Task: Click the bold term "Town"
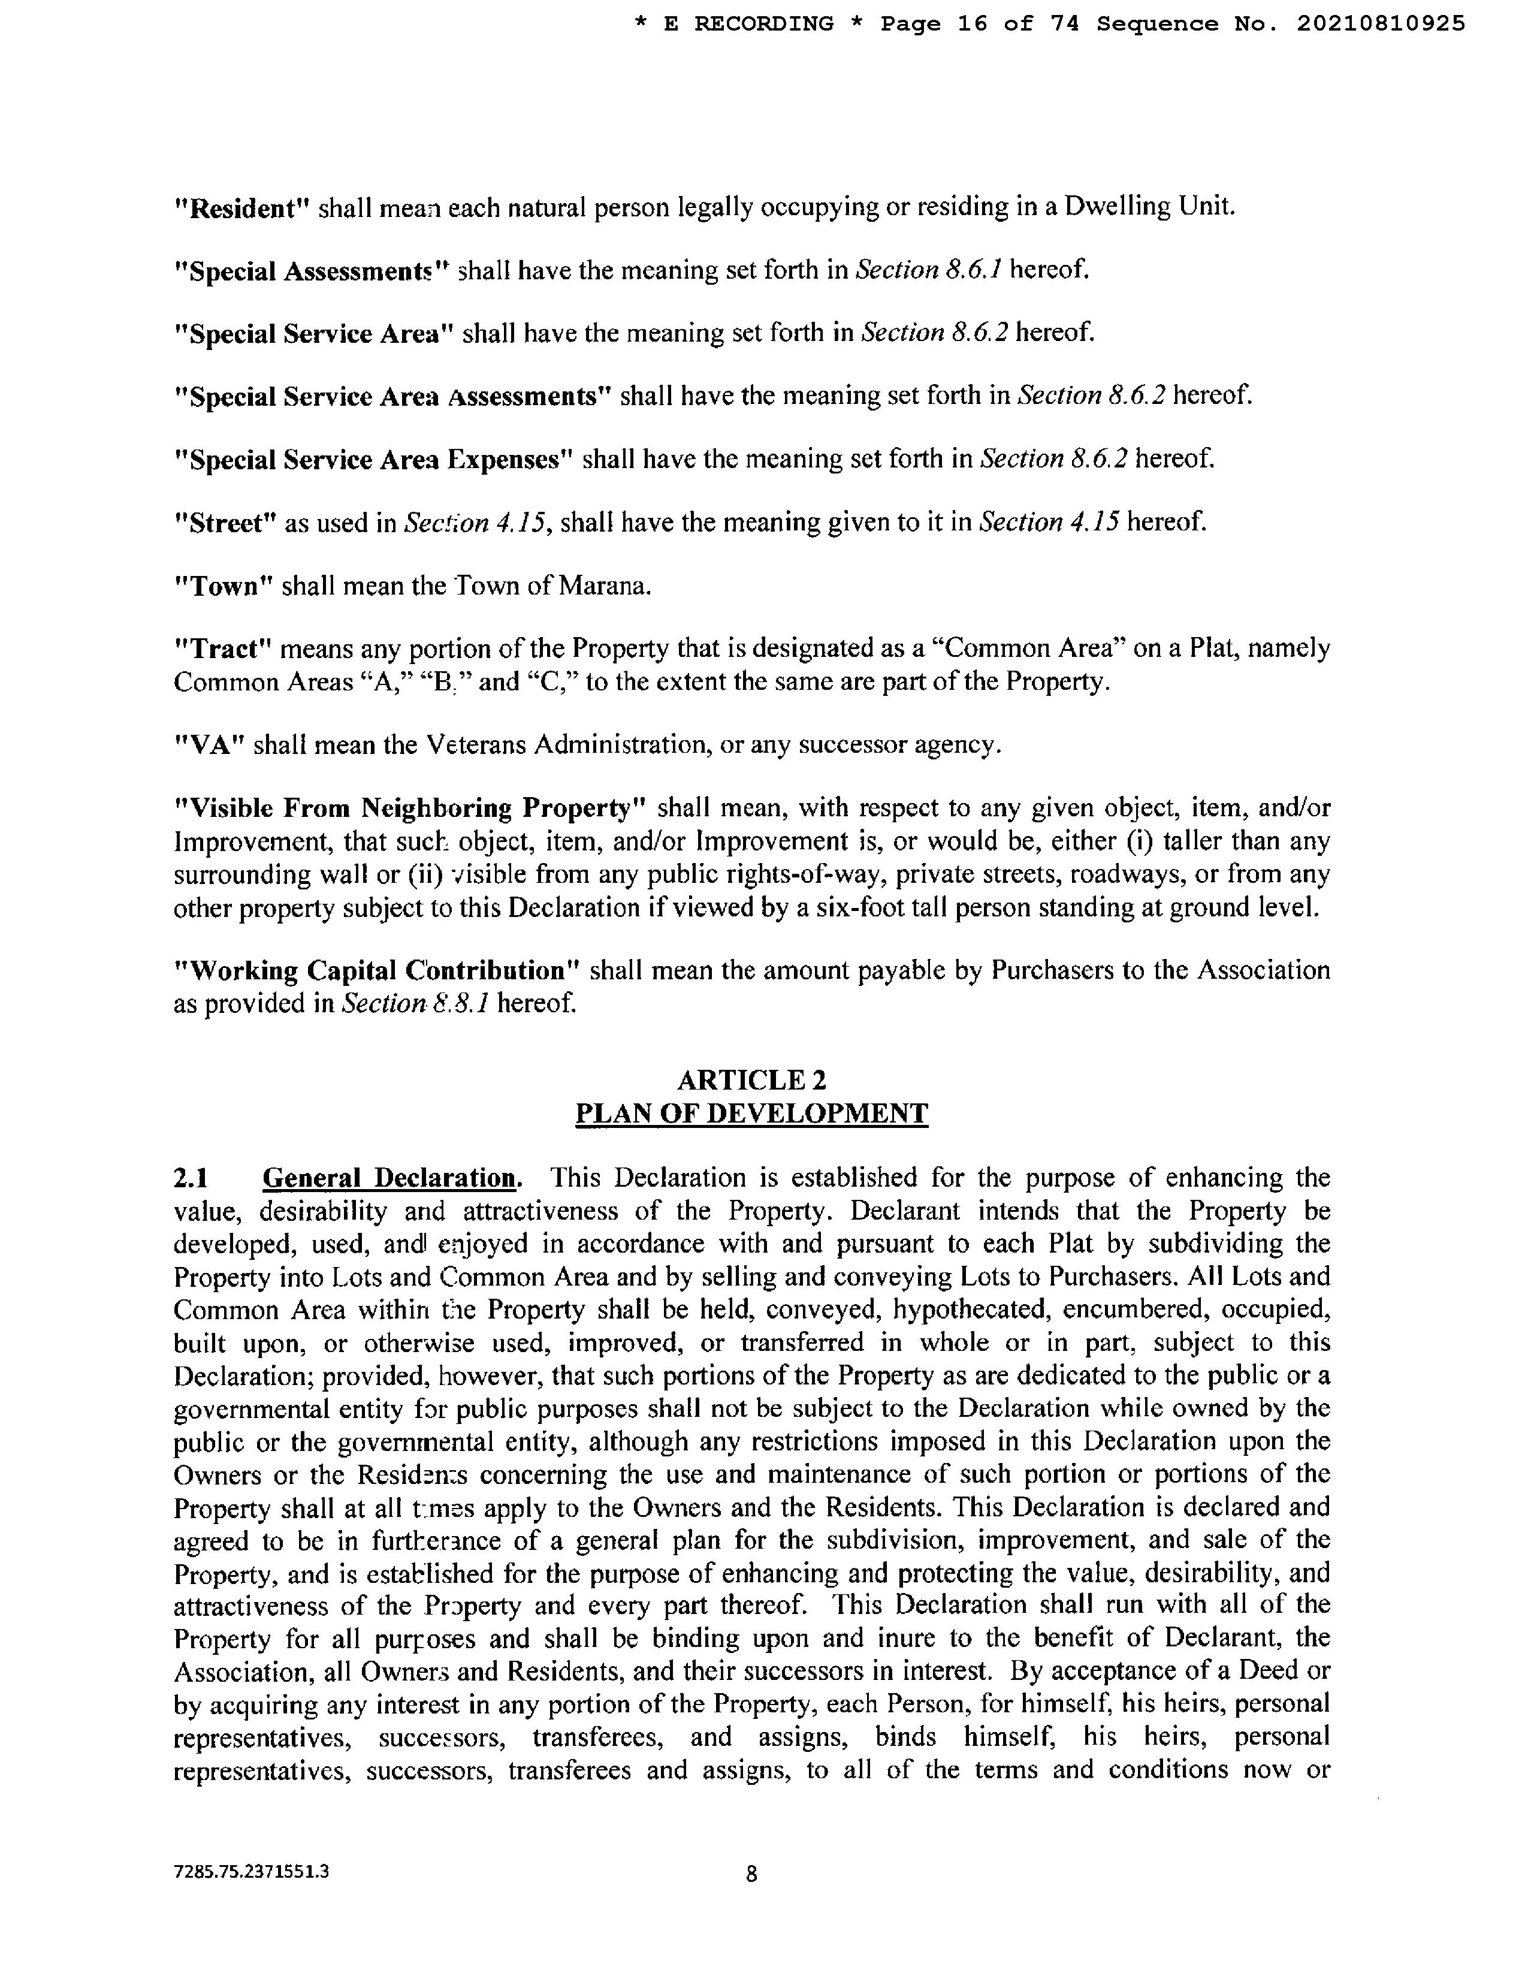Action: pos(224,586)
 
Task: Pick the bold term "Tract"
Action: pos(224,649)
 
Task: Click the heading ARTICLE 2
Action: pos(751,1080)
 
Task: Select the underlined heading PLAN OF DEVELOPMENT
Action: pos(751,1114)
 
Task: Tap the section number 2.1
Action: pos(191,1178)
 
